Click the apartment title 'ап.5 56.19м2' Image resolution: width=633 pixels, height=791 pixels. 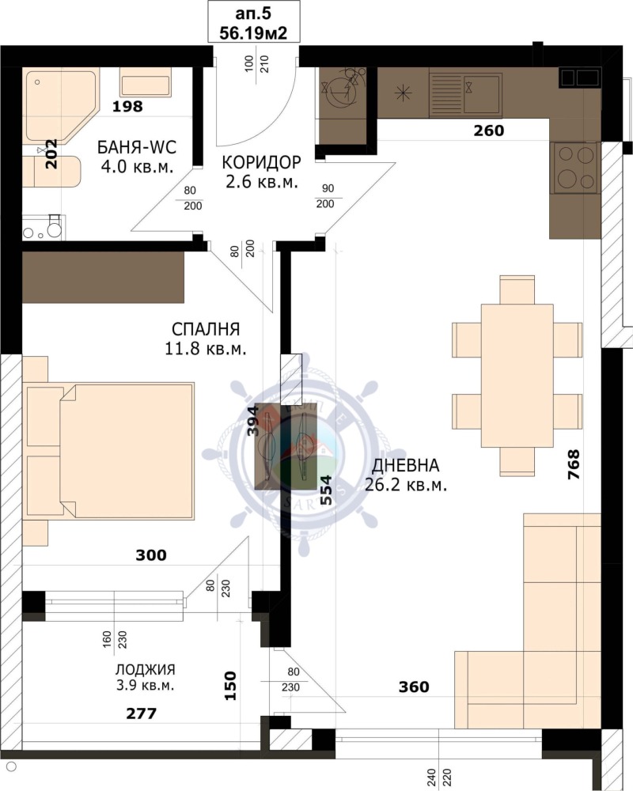pos(253,22)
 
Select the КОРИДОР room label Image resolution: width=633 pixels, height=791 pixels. pos(261,172)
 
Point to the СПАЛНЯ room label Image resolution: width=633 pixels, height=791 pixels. pos(206,338)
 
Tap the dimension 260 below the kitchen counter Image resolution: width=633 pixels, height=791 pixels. pos(488,131)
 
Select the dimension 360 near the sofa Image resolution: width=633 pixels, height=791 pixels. pos(413,687)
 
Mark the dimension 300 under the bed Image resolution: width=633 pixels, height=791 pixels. pos(150,555)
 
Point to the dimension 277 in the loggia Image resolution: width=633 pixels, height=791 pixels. pos(141,713)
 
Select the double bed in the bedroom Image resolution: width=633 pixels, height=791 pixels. pos(111,451)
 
